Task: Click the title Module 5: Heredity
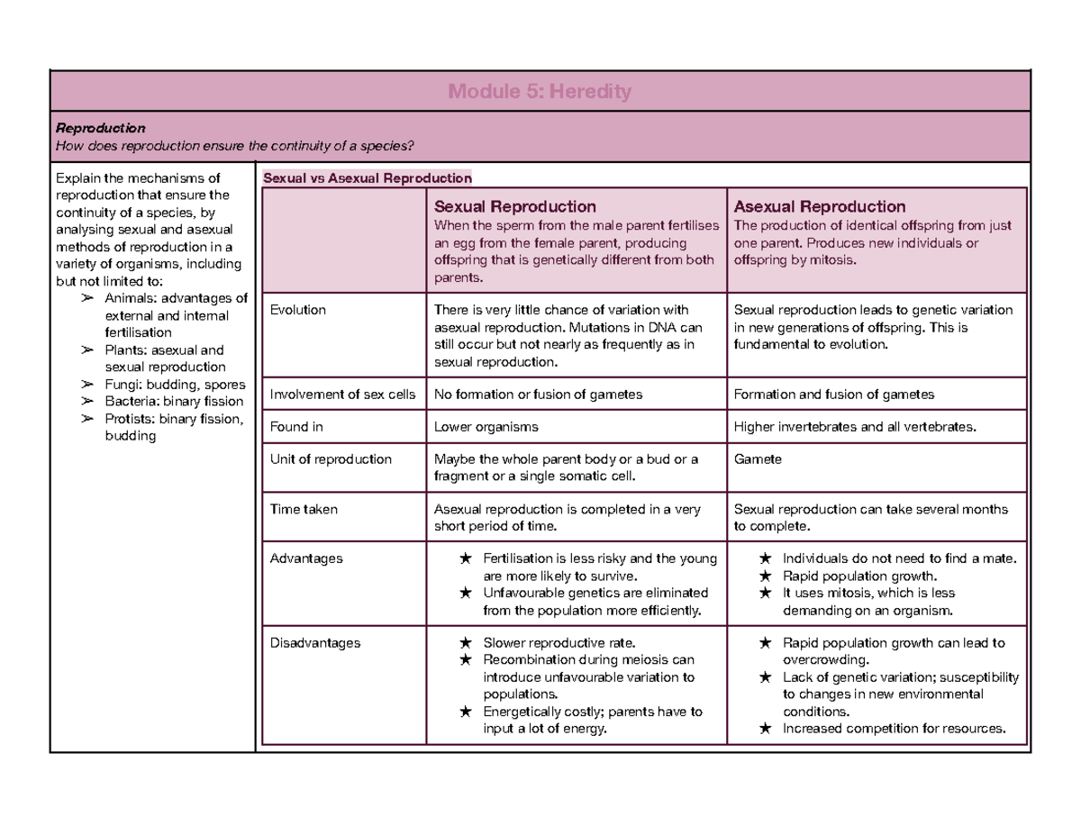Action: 540,91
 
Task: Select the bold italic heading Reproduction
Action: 100,128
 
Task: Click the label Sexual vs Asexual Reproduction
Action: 367,177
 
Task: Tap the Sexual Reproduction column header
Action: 514,207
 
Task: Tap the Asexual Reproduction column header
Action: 820,207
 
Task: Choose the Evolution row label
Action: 298,310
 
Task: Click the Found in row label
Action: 296,427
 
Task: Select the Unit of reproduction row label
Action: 331,459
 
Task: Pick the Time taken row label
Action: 304,509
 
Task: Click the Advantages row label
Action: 306,558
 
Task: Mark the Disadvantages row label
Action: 314,643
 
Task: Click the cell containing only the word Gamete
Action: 759,459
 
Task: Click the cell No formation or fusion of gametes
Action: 539,394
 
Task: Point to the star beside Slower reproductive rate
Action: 464,643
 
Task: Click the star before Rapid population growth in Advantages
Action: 765,576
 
